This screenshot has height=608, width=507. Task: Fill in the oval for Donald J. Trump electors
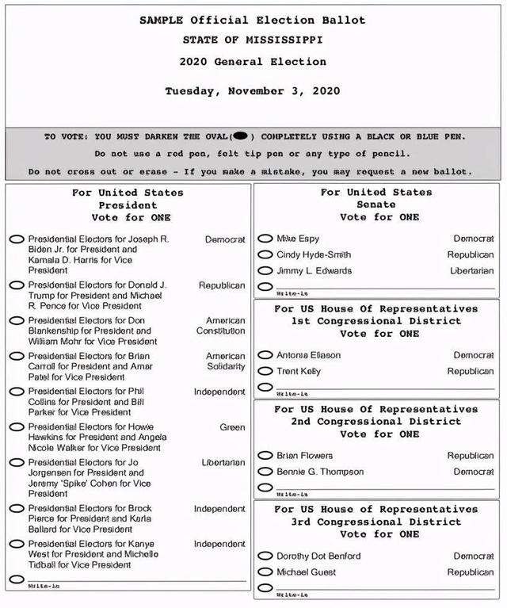pyautogui.click(x=17, y=285)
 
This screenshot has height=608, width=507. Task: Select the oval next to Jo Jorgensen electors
pyautogui.click(x=17, y=463)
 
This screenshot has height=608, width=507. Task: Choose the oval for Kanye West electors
pyautogui.click(x=17, y=545)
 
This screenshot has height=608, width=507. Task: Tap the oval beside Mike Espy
pyautogui.click(x=265, y=239)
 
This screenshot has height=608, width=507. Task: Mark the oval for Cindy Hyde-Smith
pyautogui.click(x=265, y=254)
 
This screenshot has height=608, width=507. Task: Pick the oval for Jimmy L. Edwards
pyautogui.click(x=265, y=271)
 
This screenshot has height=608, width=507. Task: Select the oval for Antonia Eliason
pyautogui.click(x=265, y=355)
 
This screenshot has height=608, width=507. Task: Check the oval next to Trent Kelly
pyautogui.click(x=265, y=371)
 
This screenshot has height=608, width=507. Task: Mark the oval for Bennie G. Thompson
pyautogui.click(x=265, y=472)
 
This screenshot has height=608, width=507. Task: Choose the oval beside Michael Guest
pyautogui.click(x=265, y=572)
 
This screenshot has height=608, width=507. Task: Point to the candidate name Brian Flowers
pyautogui.click(x=304, y=456)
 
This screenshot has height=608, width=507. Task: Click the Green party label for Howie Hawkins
pyautogui.click(x=232, y=427)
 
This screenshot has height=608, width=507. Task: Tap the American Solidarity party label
pyautogui.click(x=226, y=361)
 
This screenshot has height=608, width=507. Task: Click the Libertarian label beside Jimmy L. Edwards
pyautogui.click(x=471, y=271)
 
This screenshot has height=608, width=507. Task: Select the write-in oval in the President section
pyautogui.click(x=17, y=579)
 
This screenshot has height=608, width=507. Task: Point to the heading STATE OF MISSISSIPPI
pyautogui.click(x=253, y=40)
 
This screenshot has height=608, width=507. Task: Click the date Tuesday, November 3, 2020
pyautogui.click(x=253, y=91)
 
